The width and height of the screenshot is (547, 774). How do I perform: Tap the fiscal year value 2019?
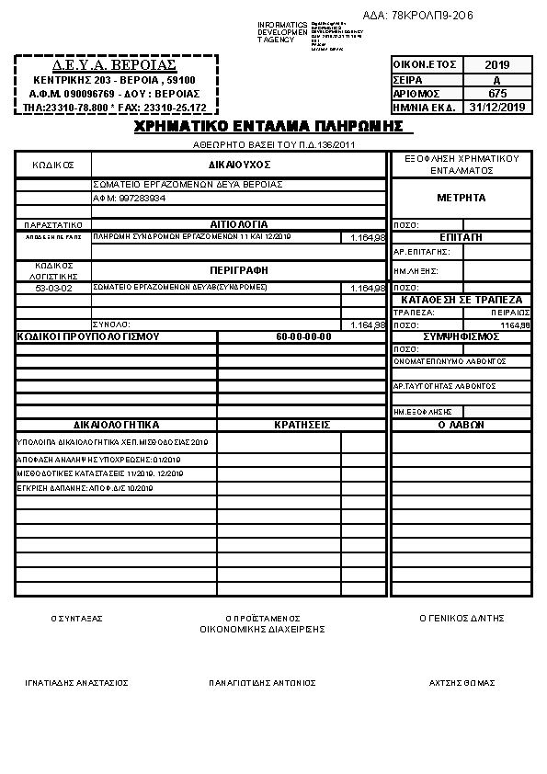[497, 65]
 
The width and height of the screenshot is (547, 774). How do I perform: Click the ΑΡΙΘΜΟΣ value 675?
[497, 93]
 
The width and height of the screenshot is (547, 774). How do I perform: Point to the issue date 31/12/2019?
[497, 107]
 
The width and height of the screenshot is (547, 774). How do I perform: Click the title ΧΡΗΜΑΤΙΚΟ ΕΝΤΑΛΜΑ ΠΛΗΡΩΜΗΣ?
[269, 125]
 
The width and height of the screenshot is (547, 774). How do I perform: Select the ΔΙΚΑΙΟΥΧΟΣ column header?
[239, 163]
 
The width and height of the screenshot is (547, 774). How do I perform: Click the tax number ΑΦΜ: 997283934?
[130, 198]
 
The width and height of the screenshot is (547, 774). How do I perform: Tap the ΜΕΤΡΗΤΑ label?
[462, 198]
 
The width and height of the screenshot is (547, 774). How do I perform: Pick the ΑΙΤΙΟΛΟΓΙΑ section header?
[239, 224]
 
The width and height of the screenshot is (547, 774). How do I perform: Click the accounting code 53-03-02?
[53, 288]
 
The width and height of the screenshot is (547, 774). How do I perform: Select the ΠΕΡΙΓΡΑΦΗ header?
[239, 271]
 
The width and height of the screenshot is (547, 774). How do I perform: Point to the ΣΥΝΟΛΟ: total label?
[111, 324]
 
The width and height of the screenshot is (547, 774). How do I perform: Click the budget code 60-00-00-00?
[303, 336]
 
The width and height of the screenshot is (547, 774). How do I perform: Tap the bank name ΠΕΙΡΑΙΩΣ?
[510, 313]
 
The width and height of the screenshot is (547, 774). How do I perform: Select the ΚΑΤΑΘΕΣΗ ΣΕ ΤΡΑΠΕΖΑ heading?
[462, 300]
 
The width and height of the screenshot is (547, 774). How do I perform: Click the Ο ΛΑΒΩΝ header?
[462, 425]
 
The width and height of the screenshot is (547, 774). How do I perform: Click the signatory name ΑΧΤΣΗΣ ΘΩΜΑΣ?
[462, 683]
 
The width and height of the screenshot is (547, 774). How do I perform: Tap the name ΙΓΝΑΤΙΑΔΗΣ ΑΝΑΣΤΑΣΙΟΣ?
[76, 683]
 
